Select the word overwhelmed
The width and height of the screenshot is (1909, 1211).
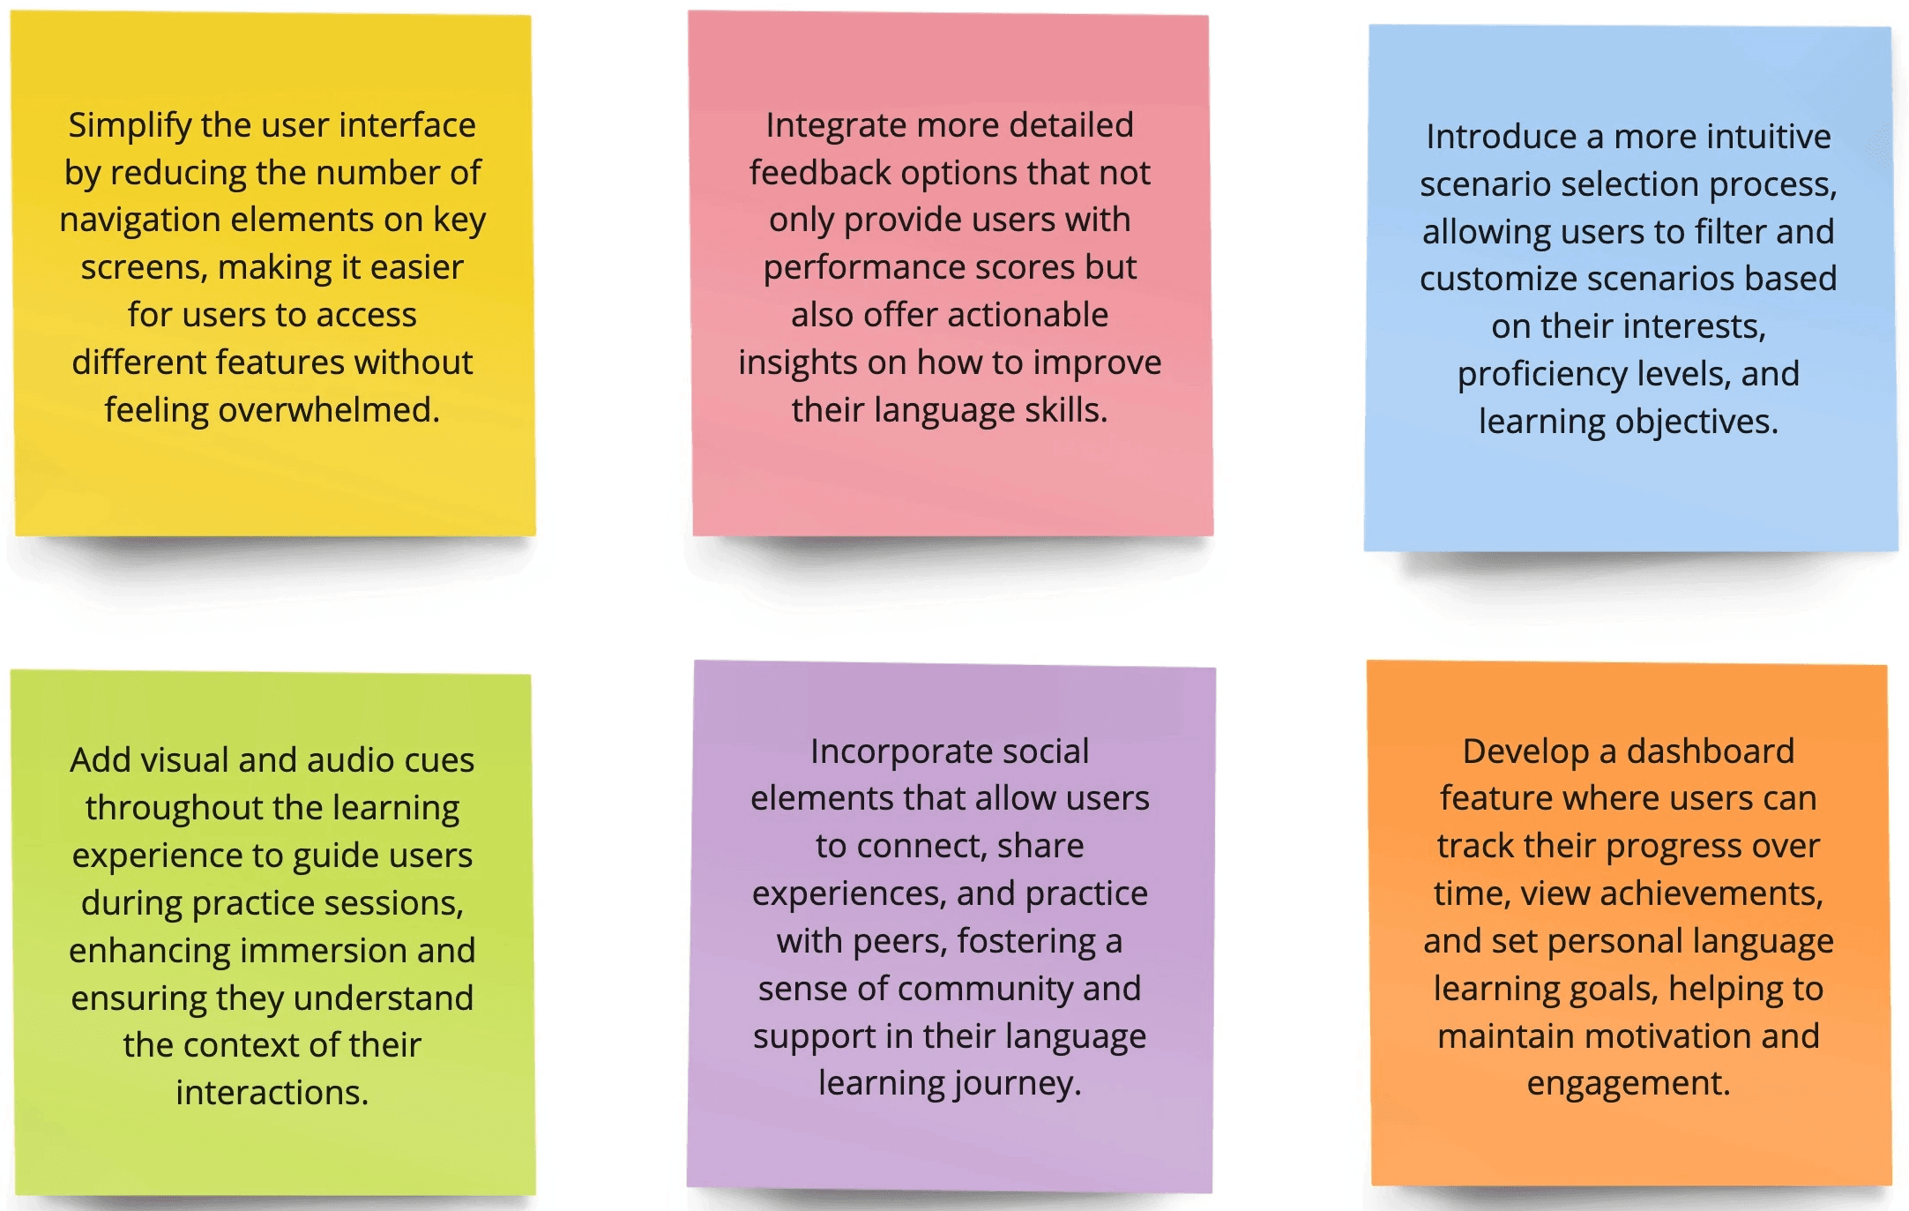point(329,410)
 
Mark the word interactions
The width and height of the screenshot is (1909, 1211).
point(272,1093)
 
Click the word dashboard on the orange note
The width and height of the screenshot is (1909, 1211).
point(1710,751)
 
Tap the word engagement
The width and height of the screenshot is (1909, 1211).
point(1629,1084)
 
